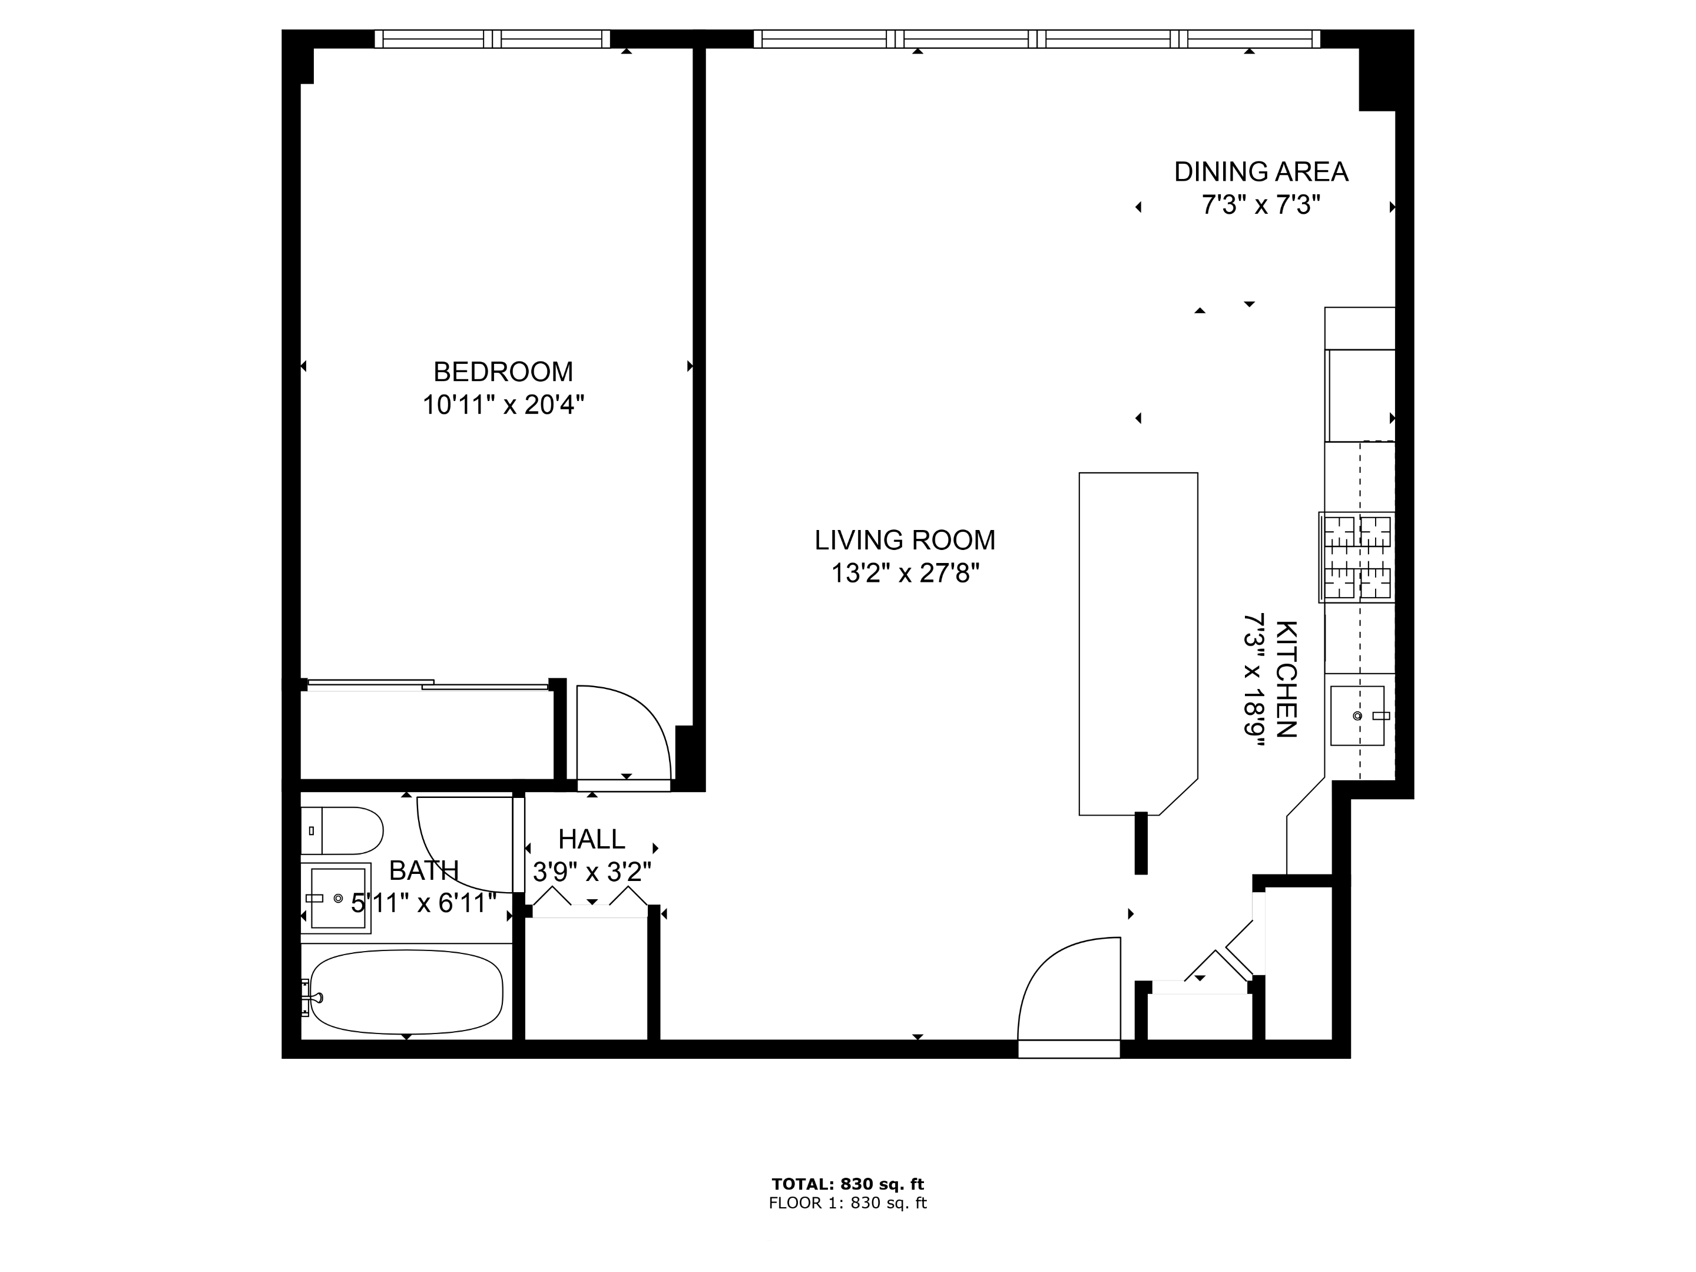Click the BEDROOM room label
pos(503,372)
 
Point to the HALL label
pos(591,840)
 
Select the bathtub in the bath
pos(406,992)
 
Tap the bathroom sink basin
pos(337,898)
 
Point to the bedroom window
pos(492,39)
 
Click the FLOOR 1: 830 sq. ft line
pos(847,1203)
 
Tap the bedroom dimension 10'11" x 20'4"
pos(503,405)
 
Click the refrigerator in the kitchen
pos(1361,395)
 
